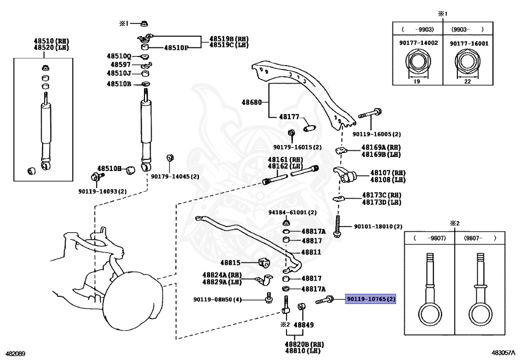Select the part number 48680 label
(252, 102)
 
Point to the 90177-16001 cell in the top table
(469, 44)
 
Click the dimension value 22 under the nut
(469, 80)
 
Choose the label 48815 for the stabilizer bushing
(230, 263)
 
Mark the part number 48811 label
(311, 252)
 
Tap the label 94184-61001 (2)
(293, 212)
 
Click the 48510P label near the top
(176, 48)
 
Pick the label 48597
(121, 65)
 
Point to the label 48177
(288, 117)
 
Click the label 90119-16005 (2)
(377, 134)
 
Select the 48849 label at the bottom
(304, 324)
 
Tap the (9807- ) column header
(479, 238)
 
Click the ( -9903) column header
(418, 30)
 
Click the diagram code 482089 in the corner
(16, 353)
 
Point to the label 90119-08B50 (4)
(217, 300)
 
